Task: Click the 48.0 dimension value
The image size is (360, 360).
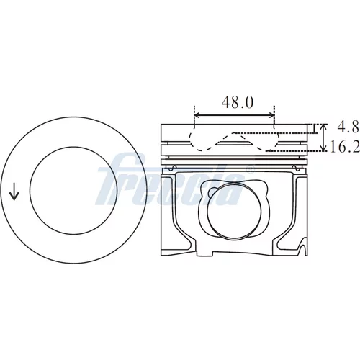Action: [x=238, y=102]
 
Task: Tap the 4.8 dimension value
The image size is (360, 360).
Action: [x=348, y=127]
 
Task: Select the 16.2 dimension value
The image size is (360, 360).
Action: [x=345, y=147]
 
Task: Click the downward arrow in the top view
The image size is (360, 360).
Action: [x=14, y=192]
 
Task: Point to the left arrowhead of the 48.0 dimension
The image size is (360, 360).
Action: [x=197, y=115]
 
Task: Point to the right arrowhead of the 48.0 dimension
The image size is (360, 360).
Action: [x=271, y=115]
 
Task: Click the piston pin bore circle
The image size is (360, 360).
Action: [x=234, y=211]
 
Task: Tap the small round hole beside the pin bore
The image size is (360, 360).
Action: [x=212, y=192]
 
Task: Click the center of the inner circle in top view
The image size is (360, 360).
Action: [x=73, y=190]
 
